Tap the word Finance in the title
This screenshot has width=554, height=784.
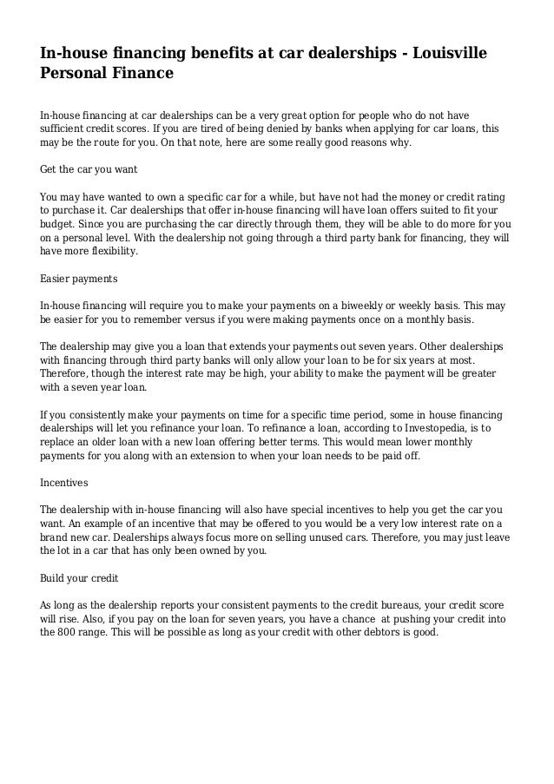[x=142, y=74]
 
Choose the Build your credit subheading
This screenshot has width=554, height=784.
[x=79, y=576]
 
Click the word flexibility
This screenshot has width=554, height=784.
[x=109, y=251]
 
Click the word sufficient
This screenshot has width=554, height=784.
[x=68, y=127]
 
